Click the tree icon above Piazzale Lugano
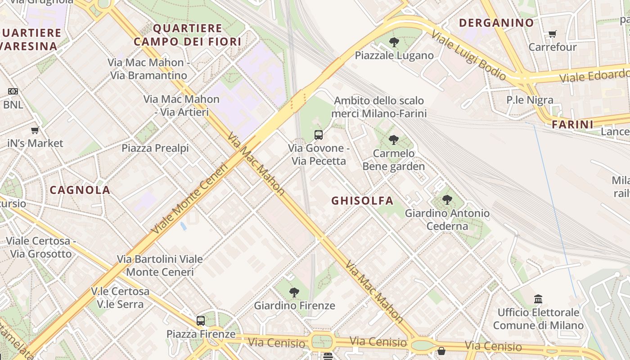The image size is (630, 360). tap(394, 42)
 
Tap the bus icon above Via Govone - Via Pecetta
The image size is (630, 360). tap(318, 135)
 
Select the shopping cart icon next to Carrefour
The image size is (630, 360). tap(552, 34)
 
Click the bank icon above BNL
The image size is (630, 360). tap(13, 91)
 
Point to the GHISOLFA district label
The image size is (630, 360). tap(362, 201)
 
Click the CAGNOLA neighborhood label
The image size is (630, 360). tap(80, 190)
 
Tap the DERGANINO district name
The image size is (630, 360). tap(496, 23)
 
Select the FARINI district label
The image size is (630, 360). tap(572, 124)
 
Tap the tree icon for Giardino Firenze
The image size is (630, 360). tap(294, 292)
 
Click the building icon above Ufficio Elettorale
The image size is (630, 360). tap(538, 299)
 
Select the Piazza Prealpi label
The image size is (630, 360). tap(155, 148)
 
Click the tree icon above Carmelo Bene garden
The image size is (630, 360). tap(394, 140)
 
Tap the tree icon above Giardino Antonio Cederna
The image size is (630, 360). tap(447, 200)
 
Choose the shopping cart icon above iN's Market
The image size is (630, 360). tap(35, 130)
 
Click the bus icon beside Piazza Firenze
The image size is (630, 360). tap(201, 321)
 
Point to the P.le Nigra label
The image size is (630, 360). tap(530, 100)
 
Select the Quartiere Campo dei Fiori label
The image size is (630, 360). tap(187, 35)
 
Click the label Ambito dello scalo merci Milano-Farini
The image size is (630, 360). tap(379, 107)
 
